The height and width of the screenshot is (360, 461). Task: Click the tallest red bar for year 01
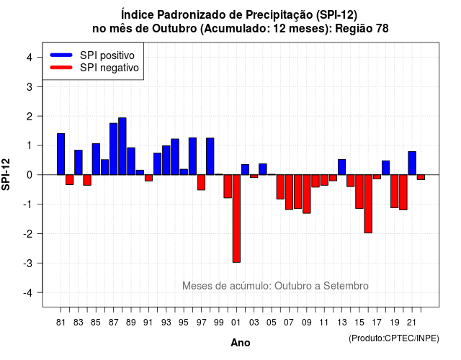point(236,219)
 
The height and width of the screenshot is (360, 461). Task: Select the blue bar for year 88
point(122,146)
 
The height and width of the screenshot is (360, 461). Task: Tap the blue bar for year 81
point(61,154)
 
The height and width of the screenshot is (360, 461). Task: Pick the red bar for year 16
point(368,204)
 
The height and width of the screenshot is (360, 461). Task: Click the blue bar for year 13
point(341,167)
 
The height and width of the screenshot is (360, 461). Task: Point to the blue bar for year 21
point(412,163)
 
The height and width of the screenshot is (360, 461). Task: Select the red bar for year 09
point(307,194)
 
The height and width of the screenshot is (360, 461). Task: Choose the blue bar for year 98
point(210,156)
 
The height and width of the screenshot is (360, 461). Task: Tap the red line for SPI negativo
point(61,68)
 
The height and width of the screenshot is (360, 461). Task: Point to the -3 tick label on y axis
point(28,263)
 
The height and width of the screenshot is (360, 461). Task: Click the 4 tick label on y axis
point(30,58)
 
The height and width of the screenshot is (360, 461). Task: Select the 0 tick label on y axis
point(30,175)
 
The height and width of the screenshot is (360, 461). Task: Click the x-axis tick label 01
point(236,323)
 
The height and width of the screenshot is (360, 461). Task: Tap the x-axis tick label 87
point(114,323)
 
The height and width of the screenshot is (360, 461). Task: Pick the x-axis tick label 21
point(411,323)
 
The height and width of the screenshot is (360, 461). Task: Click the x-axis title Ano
point(241,343)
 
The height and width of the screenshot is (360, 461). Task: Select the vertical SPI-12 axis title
point(6,174)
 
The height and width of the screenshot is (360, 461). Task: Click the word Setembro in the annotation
point(346,286)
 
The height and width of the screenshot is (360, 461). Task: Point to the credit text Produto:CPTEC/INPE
point(394,338)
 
